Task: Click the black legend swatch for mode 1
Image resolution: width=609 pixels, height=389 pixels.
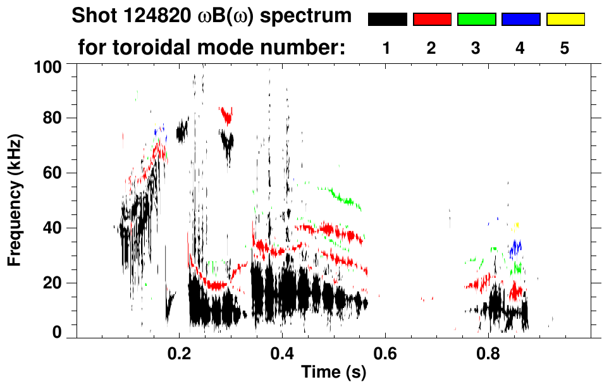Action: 387,20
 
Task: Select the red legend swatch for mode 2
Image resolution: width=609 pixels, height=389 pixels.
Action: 432,20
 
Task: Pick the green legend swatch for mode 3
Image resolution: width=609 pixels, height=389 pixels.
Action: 476,20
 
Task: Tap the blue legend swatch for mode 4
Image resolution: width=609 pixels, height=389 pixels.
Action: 520,20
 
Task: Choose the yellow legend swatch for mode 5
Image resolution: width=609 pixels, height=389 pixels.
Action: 565,20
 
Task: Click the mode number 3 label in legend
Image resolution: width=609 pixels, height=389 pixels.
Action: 476,49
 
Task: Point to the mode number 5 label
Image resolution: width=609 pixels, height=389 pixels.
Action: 564,49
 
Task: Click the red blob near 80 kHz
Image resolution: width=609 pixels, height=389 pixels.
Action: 226,114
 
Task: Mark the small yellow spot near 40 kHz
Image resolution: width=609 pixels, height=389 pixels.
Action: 517,225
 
